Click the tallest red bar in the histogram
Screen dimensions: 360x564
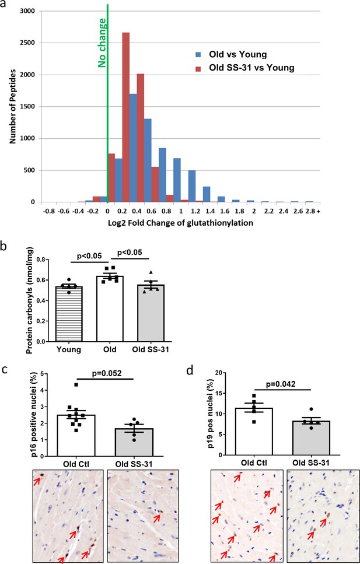point(126,117)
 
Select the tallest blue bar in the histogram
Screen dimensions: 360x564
point(133,148)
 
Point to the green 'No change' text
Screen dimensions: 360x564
point(103,43)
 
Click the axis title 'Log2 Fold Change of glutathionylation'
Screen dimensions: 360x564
point(181,223)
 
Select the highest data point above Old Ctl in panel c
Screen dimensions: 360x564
point(76,385)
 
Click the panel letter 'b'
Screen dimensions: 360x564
point(5,247)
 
